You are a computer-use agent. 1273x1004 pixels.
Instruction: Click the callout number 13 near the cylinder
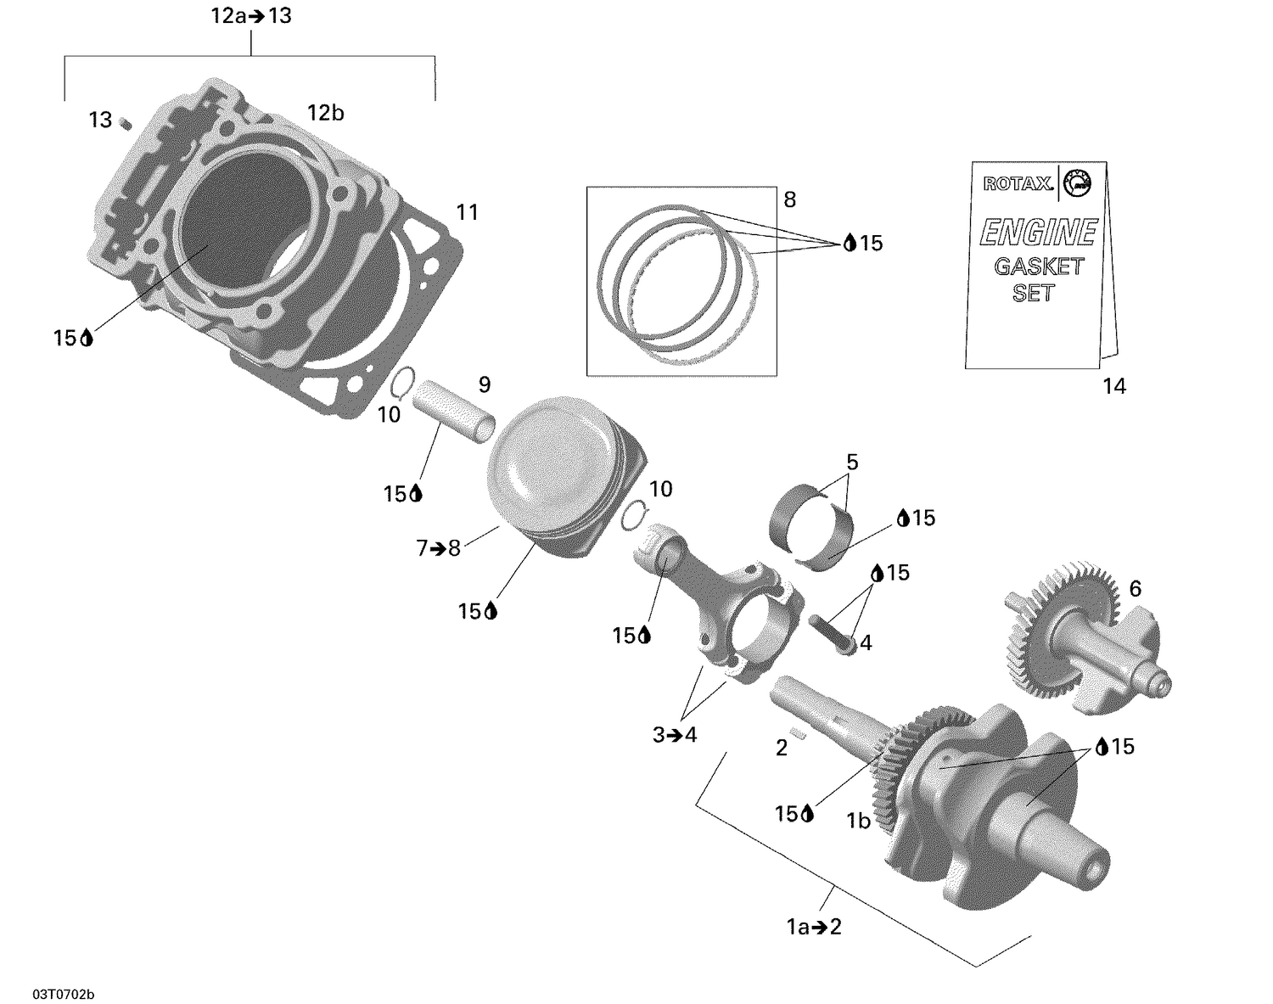tap(100, 121)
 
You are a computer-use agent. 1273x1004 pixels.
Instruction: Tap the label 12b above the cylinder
tap(325, 113)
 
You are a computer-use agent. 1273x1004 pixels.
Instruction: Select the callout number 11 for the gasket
tap(468, 212)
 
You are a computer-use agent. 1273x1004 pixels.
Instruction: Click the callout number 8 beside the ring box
tap(789, 200)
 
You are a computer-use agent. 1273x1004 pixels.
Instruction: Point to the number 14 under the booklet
tap(1113, 386)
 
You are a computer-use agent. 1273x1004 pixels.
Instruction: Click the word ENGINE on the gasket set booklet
tap(1038, 233)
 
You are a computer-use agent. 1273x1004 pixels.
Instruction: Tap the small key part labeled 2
tap(796, 731)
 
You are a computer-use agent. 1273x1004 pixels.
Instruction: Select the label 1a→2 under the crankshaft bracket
tap(814, 927)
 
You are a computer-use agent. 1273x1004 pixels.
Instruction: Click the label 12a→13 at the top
tap(251, 16)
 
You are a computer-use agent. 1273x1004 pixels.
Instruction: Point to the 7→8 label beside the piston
tap(438, 548)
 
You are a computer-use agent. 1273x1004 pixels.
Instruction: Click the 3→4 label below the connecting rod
tap(675, 735)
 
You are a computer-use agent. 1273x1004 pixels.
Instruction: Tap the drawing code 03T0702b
tap(64, 994)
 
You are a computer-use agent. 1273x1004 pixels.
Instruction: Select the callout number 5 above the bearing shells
tap(852, 463)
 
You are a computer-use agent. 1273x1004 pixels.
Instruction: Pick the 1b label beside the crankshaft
tap(858, 821)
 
